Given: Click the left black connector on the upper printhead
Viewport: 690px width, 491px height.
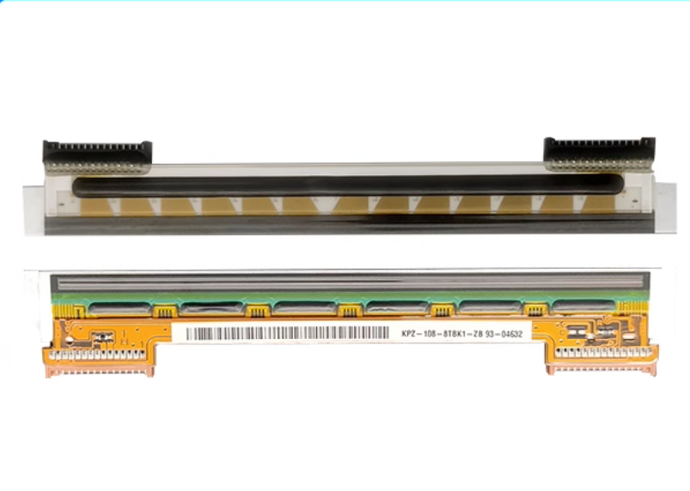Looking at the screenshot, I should pos(97,155).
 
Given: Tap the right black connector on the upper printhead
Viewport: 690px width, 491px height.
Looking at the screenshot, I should pos(599,152).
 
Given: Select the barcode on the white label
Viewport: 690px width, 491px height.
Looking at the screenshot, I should pos(287,333).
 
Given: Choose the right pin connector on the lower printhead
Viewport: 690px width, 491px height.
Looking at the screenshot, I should pos(601,359).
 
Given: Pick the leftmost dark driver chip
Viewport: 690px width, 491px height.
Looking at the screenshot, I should pos(118,307).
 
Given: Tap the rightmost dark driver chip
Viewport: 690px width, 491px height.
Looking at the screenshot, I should pos(582,306).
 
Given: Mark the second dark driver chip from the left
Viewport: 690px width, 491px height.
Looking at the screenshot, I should pos(211,307).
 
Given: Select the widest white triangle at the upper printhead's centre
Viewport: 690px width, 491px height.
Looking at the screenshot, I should pos(325,205).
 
